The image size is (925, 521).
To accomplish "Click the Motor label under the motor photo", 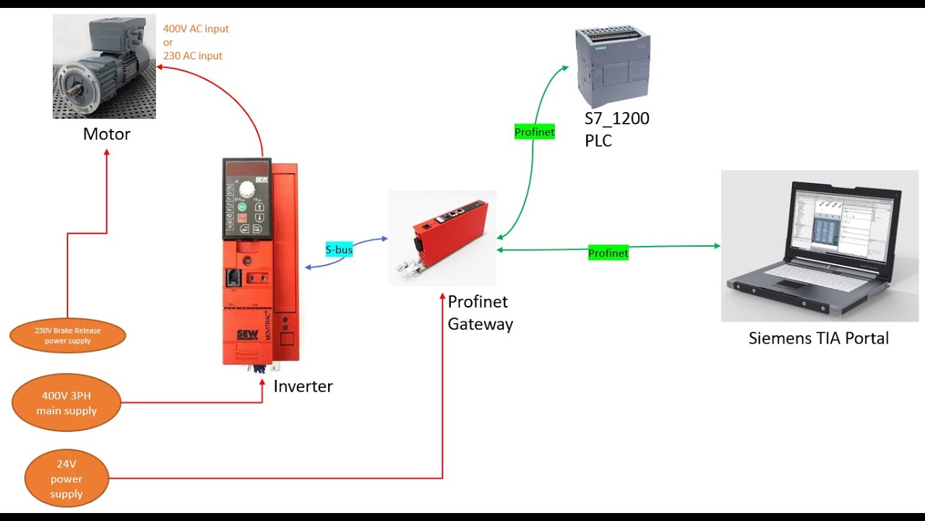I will tap(106, 134).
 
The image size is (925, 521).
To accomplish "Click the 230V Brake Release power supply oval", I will tap(68, 335).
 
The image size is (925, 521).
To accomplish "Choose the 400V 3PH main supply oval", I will tap(66, 403).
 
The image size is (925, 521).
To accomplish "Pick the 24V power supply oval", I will tap(66, 479).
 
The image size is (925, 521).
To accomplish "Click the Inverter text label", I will tap(303, 386).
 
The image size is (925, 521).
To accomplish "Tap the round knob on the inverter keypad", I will tap(247, 190).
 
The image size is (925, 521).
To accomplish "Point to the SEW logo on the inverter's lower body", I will tap(245, 336).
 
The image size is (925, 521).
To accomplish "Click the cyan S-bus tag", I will tap(339, 250).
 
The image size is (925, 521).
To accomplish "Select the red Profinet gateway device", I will tap(442, 235).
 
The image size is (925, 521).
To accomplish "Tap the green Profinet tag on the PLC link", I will tap(534, 132).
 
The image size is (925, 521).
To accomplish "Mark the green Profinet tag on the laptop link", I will tap(608, 253).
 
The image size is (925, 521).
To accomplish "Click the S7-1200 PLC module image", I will tap(612, 65).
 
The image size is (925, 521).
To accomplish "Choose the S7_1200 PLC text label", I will tap(616, 129).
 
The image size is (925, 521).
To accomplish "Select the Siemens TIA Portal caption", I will tap(818, 338).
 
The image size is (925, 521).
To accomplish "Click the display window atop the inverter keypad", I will tap(246, 169).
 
